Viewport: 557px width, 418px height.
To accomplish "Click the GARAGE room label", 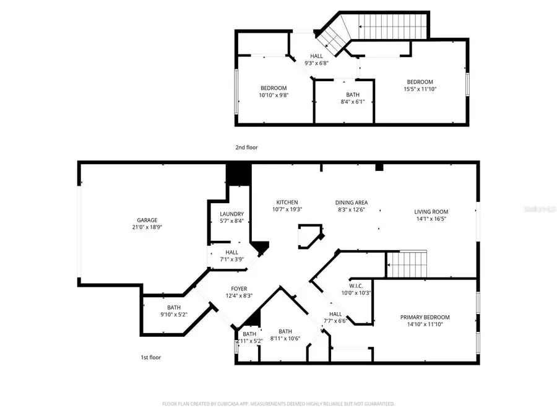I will (x=147, y=220).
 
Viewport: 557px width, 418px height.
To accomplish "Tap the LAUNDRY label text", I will (x=231, y=214).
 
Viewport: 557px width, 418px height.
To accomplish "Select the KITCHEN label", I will (x=287, y=202).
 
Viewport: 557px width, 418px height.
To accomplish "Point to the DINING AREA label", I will (x=351, y=202).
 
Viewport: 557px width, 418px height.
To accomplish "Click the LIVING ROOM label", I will (x=431, y=212).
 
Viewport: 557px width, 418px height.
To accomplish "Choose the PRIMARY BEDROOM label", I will (x=425, y=317).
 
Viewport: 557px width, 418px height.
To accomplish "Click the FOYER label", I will (x=240, y=289).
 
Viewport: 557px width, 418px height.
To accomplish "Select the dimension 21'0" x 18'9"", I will (x=147, y=227).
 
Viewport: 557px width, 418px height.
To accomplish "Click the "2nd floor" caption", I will (x=246, y=147).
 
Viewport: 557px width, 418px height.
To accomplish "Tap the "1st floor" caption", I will (x=150, y=357).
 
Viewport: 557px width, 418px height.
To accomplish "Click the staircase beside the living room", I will (x=407, y=264).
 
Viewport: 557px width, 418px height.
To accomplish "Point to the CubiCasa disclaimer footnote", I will (x=278, y=404).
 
